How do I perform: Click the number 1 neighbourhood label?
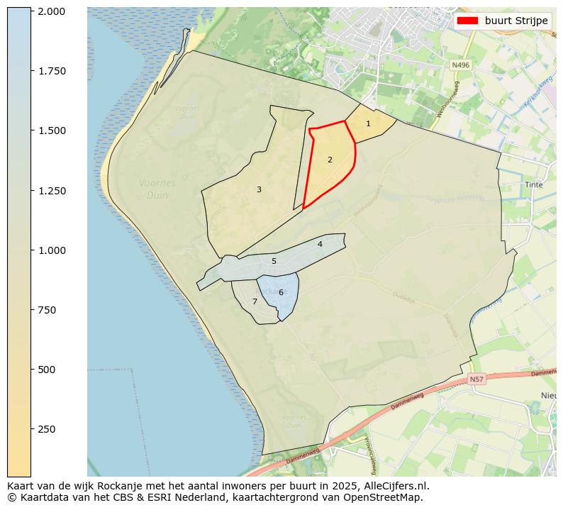pos(368,124)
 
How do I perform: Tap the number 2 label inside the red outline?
pos(330,160)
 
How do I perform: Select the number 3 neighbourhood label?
pos(259,190)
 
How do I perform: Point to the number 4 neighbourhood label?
pos(320,245)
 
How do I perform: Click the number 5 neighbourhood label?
pos(274,262)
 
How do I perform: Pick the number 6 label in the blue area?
pos(281,293)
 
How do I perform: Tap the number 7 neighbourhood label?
pos(255,302)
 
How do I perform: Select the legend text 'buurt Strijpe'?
pos(516,21)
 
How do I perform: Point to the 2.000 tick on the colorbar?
pos(52,11)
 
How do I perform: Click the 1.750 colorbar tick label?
pos(52,71)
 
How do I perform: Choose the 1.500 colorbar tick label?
pos(52,131)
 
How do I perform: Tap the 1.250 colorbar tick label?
pos(52,191)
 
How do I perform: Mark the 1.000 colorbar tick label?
pos(52,250)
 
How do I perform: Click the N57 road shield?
pos(476,379)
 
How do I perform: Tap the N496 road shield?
pos(460,65)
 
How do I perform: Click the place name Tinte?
pos(533,184)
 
